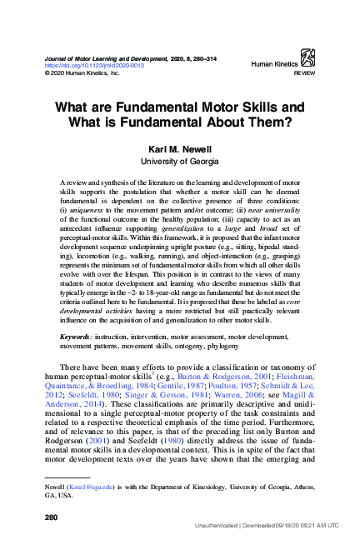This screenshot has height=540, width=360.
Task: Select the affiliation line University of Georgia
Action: (x=179, y=161)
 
